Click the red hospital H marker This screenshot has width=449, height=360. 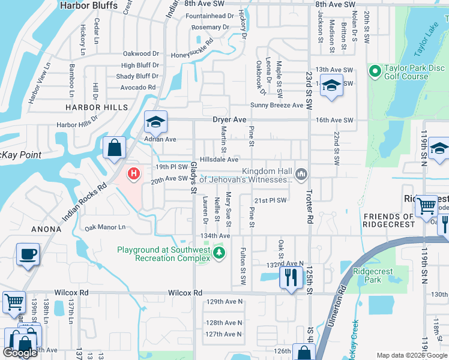tap(134, 174)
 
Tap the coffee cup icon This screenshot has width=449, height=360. tap(28, 254)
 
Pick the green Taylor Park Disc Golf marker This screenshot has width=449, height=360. tap(375, 72)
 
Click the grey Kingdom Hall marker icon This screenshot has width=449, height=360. tap(301, 175)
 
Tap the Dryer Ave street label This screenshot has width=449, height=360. tap(230, 119)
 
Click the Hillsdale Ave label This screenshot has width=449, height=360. tap(219, 160)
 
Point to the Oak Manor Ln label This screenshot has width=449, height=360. tap(105, 227)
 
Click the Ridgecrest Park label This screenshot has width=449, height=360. tap(373, 275)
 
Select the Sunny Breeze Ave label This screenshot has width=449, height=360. tap(277, 105)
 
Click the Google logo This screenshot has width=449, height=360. tap(20, 353)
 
